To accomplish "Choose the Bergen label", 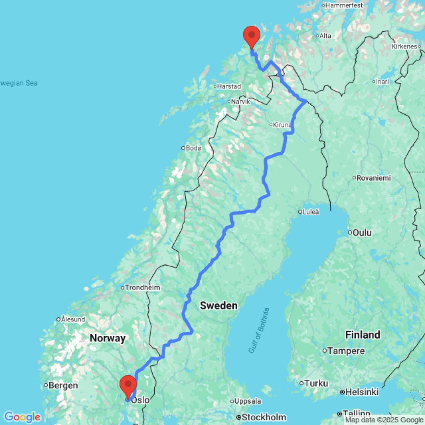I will (63, 385).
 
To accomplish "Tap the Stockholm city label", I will (264, 417).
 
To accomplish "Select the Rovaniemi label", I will (374, 178).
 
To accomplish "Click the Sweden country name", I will (218, 306).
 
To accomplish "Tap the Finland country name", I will (363, 334).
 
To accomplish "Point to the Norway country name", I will (108, 338).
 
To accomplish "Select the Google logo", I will (22, 417).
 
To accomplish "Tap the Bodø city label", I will (193, 148).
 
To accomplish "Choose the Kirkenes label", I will (405, 46).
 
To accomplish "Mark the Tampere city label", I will (346, 351).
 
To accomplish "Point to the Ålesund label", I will (73, 319).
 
